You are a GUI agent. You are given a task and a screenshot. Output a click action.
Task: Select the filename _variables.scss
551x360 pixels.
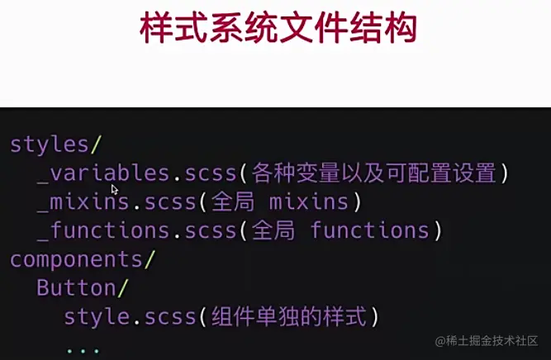(x=136, y=173)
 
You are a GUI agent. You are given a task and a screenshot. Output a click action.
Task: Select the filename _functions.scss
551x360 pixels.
(x=136, y=230)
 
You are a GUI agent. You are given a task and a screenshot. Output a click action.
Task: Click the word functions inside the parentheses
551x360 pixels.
(x=369, y=230)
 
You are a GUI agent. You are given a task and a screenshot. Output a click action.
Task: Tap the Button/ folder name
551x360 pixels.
(x=75, y=288)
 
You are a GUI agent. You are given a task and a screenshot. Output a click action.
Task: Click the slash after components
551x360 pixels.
(x=150, y=259)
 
